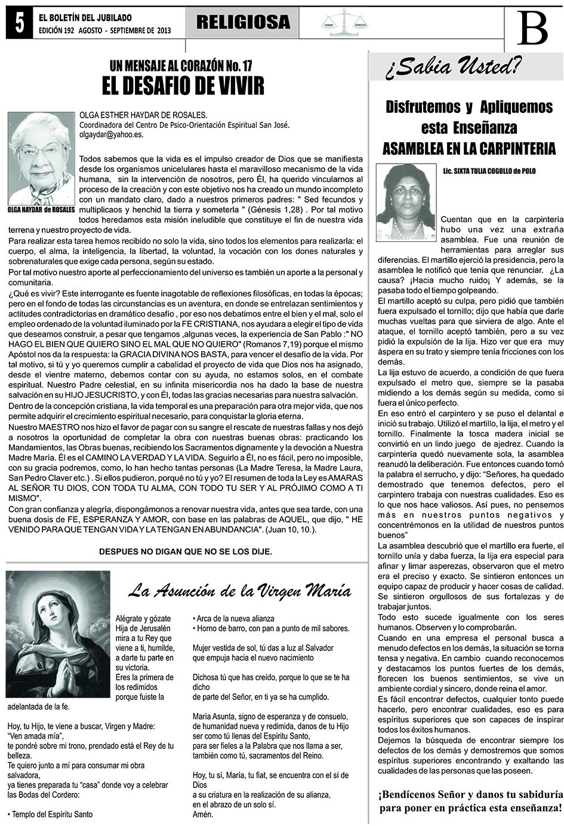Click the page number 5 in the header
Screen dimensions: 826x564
click(20, 23)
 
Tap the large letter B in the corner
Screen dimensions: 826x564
click(532, 28)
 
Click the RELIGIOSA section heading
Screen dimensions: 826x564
click(243, 23)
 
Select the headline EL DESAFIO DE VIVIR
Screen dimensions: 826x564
click(183, 86)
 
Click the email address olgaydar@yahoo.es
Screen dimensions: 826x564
click(111, 135)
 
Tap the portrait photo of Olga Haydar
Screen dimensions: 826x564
click(41, 158)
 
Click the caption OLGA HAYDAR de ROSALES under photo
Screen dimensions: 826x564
click(41, 210)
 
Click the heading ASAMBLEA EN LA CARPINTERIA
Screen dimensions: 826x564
click(469, 148)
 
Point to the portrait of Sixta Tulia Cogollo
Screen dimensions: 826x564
click(406, 202)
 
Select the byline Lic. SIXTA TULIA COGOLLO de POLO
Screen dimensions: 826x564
click(489, 171)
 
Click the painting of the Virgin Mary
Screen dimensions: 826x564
click(58, 634)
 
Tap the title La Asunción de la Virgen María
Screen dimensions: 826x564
click(240, 591)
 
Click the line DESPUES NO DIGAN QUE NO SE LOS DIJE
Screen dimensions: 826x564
click(186, 551)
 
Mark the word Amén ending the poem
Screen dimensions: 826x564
click(203, 813)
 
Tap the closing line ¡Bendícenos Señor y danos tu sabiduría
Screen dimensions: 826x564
click(470, 795)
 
